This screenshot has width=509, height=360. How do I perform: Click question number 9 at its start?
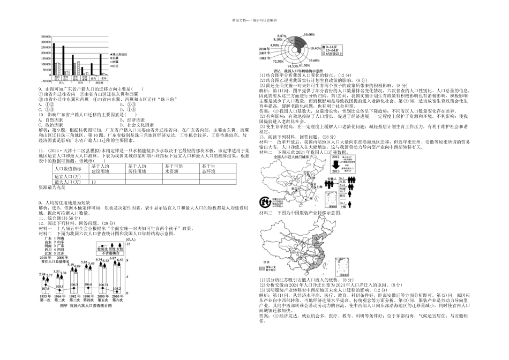[40, 88]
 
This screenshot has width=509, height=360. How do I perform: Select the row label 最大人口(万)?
[68, 182]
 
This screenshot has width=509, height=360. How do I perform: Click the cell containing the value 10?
[94, 182]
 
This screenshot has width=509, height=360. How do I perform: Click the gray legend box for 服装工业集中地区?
[263, 268]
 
